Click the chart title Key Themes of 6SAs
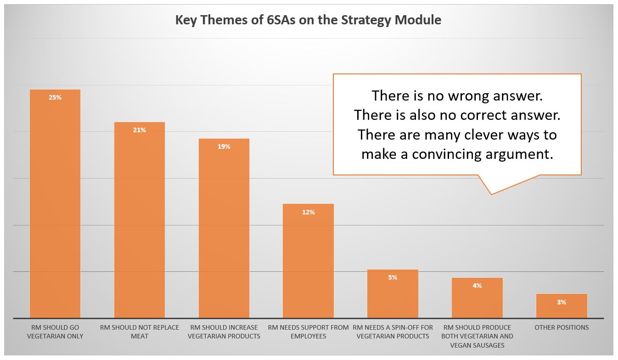tap(308, 20)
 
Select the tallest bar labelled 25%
tap(55, 204)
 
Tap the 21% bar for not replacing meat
tap(140, 220)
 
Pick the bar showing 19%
tap(224, 228)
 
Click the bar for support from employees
tap(308, 261)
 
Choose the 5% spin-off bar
tap(393, 294)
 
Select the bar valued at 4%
tap(478, 298)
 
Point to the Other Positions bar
tap(562, 306)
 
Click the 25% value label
tap(55, 97)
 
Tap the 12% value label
tap(308, 212)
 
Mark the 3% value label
tap(562, 302)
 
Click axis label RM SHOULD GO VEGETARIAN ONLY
tap(55, 332)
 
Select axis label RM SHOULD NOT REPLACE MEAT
tap(140, 332)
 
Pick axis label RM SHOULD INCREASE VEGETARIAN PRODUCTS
tap(224, 332)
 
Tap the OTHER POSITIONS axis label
tap(562, 327)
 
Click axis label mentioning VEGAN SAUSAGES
tap(478, 336)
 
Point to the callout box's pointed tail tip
tap(491, 195)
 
